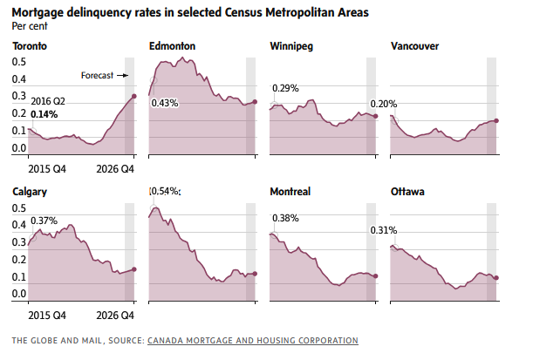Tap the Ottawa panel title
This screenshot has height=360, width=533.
(407, 191)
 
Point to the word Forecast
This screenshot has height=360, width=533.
(98, 76)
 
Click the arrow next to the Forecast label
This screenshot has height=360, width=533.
(124, 76)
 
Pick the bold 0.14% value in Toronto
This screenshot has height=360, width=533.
(44, 114)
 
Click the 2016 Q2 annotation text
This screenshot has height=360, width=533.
(48, 102)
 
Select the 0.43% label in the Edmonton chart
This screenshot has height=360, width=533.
(165, 103)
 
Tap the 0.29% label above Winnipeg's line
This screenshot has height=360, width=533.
(285, 88)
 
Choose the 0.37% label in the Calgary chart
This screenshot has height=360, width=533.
(44, 221)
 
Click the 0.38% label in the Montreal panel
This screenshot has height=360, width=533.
(286, 219)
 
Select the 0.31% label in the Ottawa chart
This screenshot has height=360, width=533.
(383, 231)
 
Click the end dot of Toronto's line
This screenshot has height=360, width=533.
(134, 96)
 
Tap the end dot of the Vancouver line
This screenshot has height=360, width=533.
(495, 120)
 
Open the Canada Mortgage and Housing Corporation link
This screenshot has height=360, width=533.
(253, 340)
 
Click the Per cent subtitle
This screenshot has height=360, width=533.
(30, 25)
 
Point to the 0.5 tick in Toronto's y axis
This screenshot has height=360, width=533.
(19, 62)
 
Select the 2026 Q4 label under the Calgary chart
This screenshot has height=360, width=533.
(116, 314)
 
